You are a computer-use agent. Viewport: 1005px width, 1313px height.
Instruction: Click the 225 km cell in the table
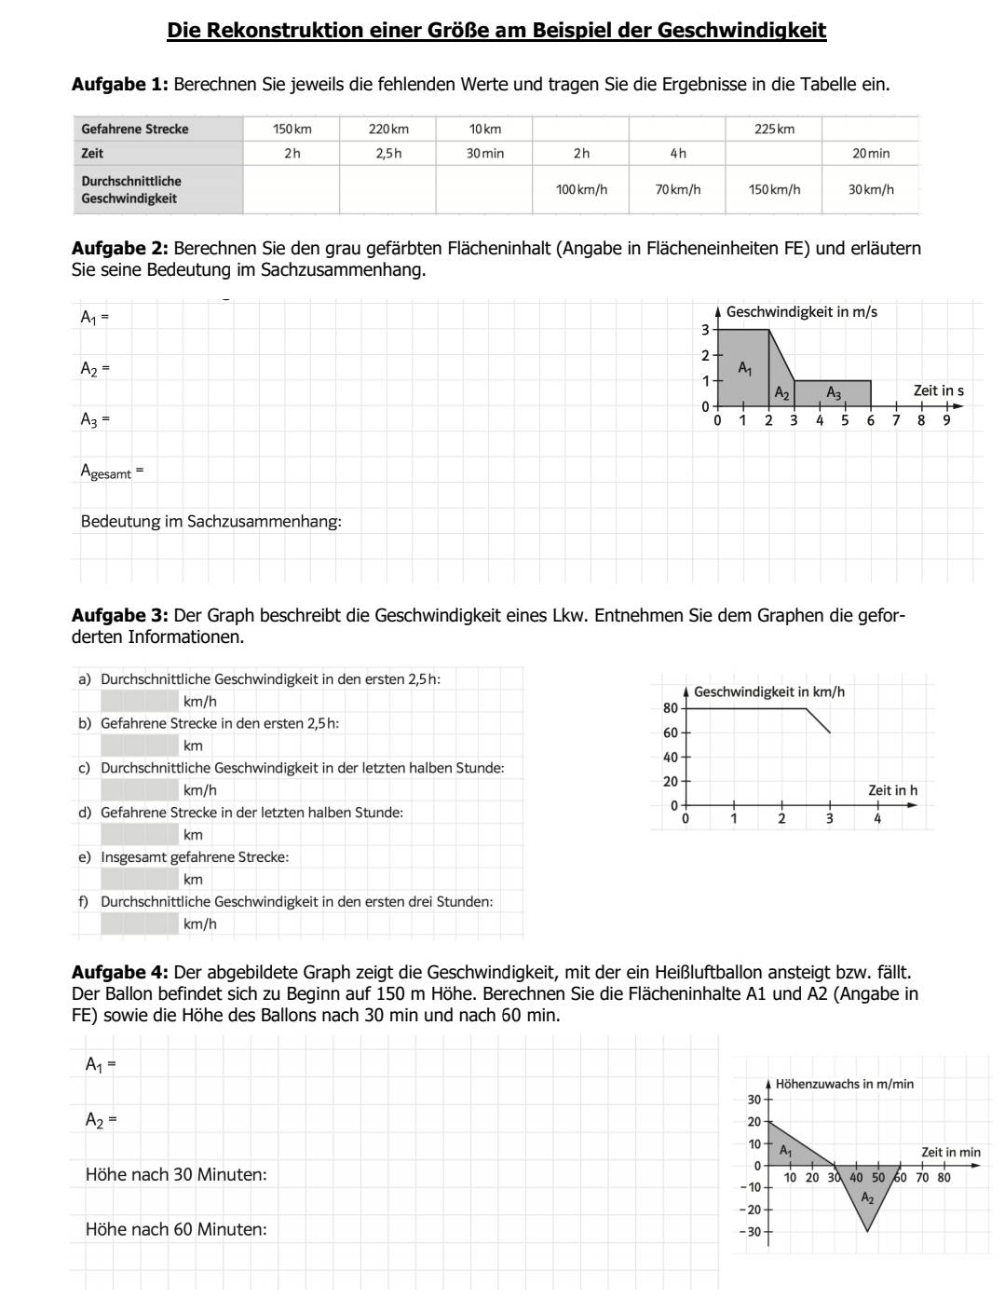click(774, 129)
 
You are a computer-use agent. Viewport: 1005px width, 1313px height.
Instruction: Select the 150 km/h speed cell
click(774, 189)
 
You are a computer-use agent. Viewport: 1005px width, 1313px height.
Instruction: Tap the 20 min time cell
click(870, 153)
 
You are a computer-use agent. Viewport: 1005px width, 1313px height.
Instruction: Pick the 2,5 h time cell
click(388, 153)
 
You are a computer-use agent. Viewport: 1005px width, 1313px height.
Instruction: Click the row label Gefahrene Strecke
click(135, 129)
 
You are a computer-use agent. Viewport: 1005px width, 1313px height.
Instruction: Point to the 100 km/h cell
click(581, 189)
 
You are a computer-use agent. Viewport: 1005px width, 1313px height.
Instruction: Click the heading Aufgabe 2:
click(120, 249)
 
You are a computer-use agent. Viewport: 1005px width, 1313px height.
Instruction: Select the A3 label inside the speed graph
click(834, 394)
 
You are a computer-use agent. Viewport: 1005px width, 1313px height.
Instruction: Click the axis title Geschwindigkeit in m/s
click(801, 312)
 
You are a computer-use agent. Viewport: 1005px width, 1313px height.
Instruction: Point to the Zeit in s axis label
click(938, 390)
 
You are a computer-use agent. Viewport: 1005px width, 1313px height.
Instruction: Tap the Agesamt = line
click(112, 472)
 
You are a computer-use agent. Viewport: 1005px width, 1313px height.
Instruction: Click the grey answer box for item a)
click(140, 701)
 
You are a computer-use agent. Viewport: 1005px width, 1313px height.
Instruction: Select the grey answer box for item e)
click(140, 879)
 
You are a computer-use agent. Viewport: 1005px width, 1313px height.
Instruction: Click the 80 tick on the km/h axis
click(671, 708)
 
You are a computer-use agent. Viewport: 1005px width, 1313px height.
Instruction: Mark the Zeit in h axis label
click(892, 790)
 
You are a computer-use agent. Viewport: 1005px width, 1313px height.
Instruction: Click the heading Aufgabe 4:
click(120, 973)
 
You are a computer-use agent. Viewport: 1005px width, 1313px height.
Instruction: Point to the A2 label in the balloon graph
click(867, 1197)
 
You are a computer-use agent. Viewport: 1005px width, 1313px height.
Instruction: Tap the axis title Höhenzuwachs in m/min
click(844, 1084)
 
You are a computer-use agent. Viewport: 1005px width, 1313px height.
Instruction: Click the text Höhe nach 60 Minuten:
click(176, 1229)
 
